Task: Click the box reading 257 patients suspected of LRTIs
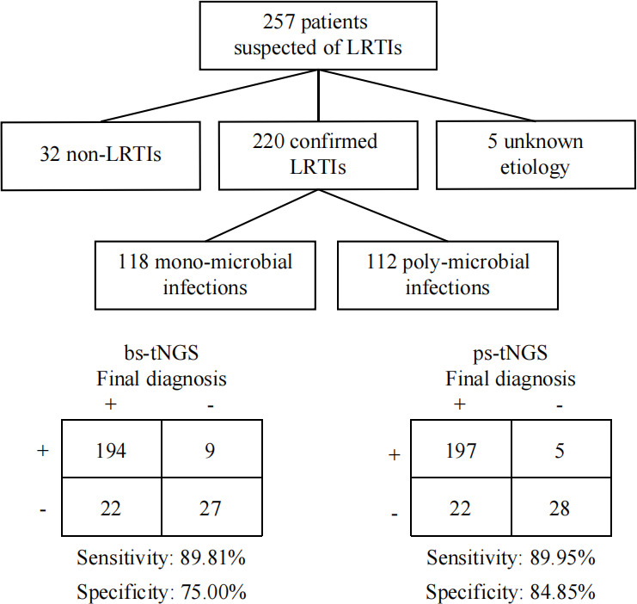coord(318,35)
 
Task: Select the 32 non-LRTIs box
coord(101,156)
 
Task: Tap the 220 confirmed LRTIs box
coord(318,155)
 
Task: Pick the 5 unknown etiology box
coord(536,155)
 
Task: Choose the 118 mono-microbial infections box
coord(205,275)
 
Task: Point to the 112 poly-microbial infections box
coord(448,275)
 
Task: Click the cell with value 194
coord(111,448)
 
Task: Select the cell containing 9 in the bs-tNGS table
coord(211,448)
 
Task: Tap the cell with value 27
coord(211,507)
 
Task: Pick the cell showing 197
coord(461,448)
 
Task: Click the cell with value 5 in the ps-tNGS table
coord(561,448)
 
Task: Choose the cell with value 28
coord(561,507)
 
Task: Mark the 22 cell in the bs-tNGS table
coord(111,507)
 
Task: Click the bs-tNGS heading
coord(162,353)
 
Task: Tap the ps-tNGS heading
coord(511,353)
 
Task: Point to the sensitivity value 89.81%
coord(213,558)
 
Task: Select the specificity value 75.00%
coord(214,592)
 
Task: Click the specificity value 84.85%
coord(563,592)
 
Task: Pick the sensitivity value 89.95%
coord(563,558)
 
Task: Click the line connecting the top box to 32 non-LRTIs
coord(210,96)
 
